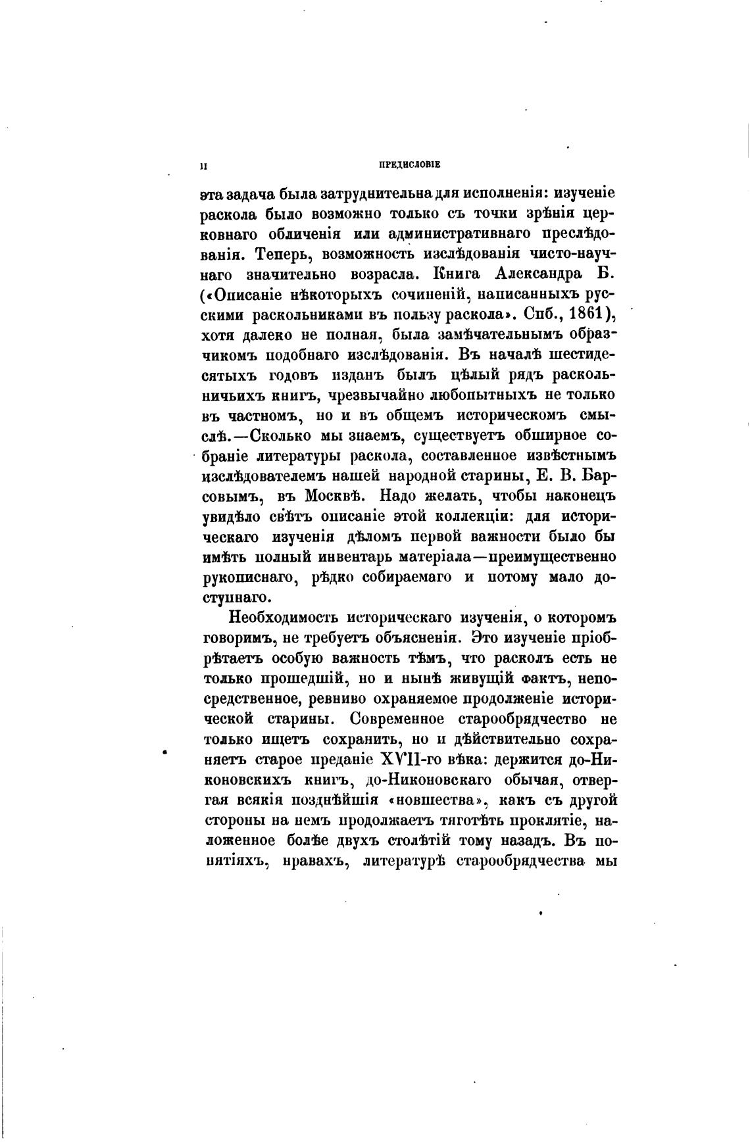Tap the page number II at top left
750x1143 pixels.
(x=204, y=166)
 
